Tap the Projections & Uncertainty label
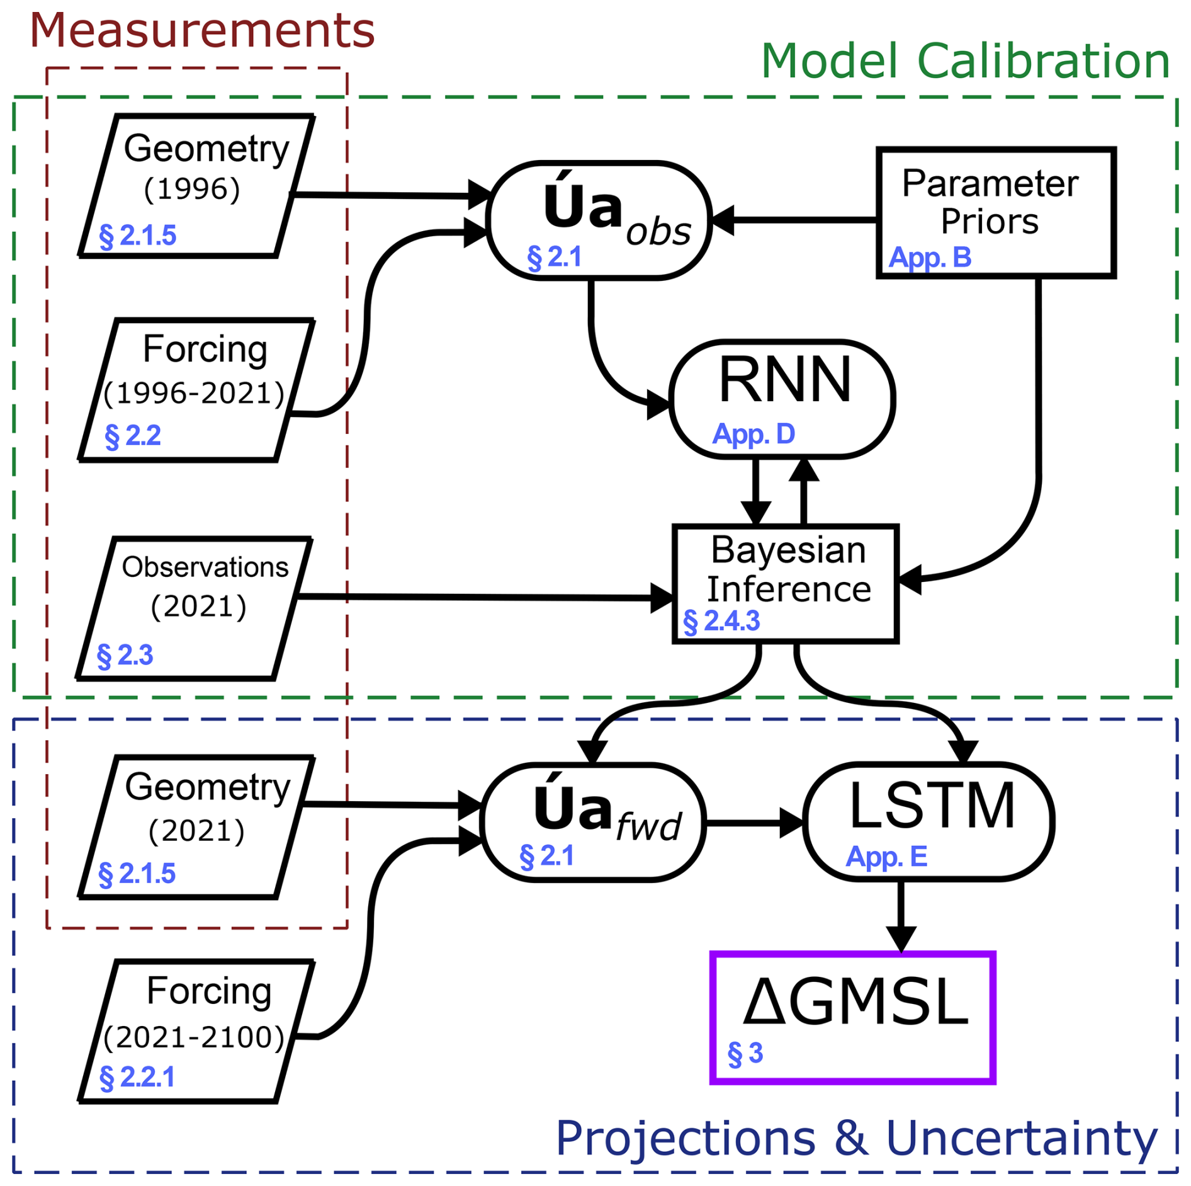click(x=856, y=1138)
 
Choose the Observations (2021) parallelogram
click(x=195, y=608)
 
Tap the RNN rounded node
click(x=782, y=399)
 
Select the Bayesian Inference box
click(x=786, y=583)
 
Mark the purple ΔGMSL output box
click(x=852, y=1017)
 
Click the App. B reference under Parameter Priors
click(x=930, y=258)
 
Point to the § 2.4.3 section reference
click(x=721, y=621)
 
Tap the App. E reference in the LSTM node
click(x=886, y=857)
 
